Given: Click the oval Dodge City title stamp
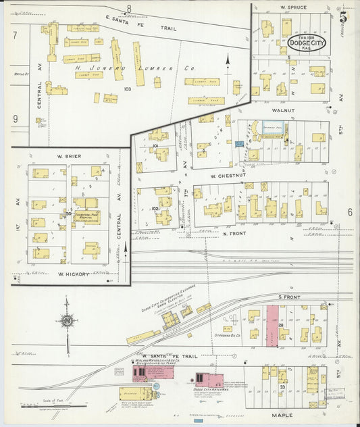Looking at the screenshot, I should [x=305, y=43].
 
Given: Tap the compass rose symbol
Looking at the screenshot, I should [x=67, y=322].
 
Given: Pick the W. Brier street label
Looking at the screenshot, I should [x=70, y=156].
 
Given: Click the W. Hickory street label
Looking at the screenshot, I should [x=70, y=274].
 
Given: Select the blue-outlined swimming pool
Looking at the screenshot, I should [x=272, y=128].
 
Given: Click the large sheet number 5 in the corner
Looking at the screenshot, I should [x=344, y=17].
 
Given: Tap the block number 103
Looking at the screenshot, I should [x=126, y=89].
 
